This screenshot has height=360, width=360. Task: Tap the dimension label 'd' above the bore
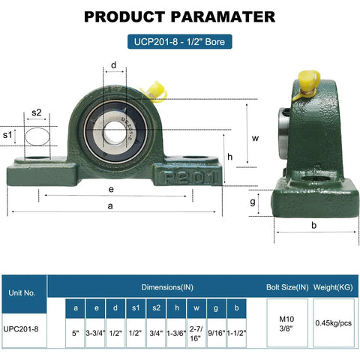point(113,65)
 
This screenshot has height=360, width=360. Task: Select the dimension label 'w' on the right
point(255,138)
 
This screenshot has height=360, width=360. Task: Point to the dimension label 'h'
point(230,157)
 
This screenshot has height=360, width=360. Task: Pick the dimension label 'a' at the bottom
point(111,205)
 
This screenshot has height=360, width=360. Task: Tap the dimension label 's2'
point(37,113)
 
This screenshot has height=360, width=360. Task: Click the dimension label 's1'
point(9,134)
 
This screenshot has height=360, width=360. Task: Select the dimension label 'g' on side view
point(253,201)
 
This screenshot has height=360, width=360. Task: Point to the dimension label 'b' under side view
point(313,225)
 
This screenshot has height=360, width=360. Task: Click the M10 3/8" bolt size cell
point(286,322)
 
